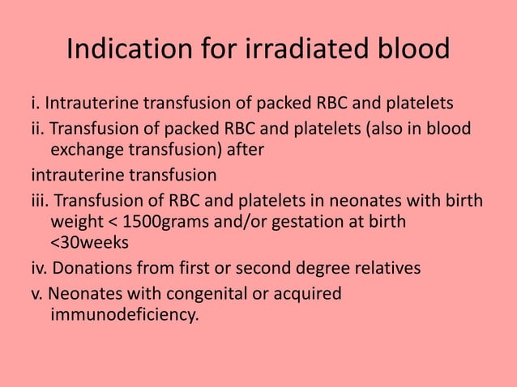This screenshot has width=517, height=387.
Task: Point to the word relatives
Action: (x=385, y=268)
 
